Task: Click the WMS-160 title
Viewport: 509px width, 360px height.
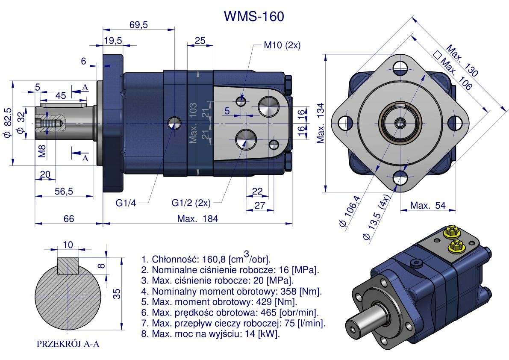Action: pos(254,16)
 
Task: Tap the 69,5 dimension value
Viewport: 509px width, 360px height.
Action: pos(138,25)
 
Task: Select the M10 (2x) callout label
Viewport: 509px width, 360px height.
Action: pos(282,46)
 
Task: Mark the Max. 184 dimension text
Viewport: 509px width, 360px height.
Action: pos(197,219)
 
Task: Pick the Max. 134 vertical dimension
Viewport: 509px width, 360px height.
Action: pos(321,123)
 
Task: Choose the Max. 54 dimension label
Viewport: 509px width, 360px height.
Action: pos(428,206)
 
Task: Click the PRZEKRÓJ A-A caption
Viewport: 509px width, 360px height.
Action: pos(68,344)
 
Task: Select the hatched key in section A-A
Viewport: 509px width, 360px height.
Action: pos(68,266)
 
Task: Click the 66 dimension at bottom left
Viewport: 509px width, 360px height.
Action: pos(69,219)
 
